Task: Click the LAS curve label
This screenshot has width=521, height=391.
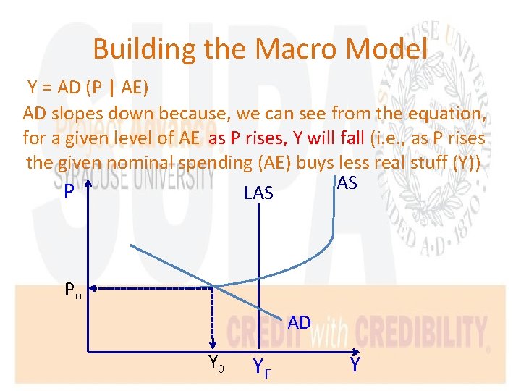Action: coord(259,193)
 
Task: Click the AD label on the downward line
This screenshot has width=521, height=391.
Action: coord(299,322)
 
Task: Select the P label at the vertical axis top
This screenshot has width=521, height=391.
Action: coord(69,192)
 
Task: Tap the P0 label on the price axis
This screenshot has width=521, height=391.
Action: coord(73,290)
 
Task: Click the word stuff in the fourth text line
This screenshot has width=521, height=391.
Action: coord(428,161)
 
